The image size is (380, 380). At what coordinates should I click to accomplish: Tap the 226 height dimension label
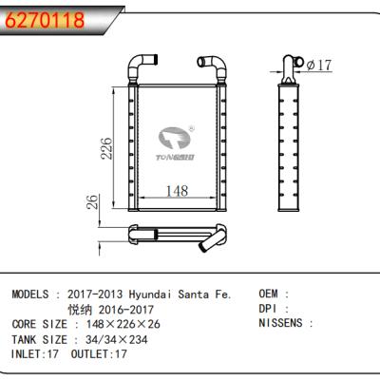click(x=109, y=148)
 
